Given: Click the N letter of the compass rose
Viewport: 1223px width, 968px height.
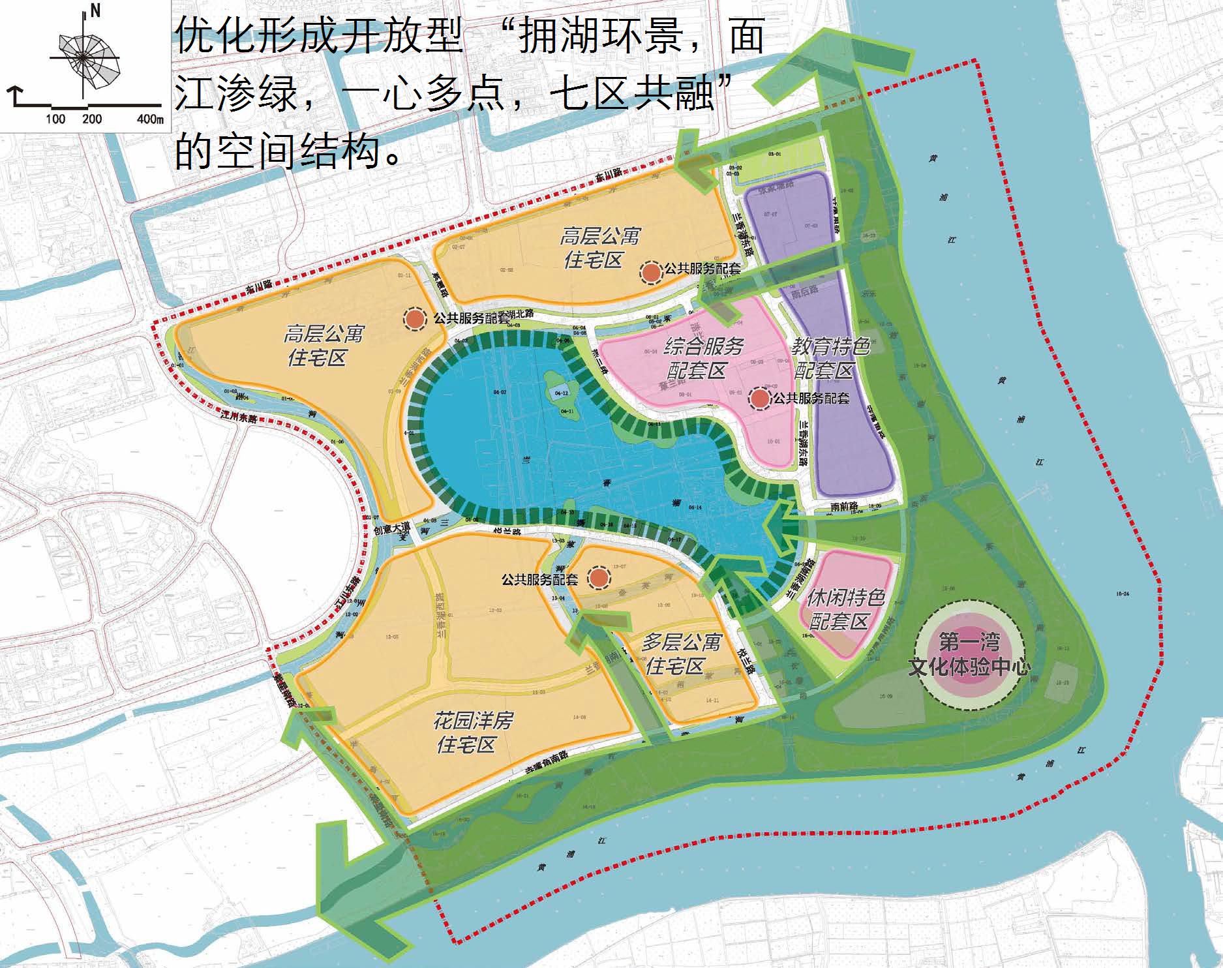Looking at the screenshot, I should [x=95, y=11].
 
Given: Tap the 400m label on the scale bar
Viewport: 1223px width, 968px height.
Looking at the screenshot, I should [x=149, y=119].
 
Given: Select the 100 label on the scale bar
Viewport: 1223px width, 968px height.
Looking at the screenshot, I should [x=55, y=119].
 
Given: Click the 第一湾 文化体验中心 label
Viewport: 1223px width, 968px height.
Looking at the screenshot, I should [x=969, y=654].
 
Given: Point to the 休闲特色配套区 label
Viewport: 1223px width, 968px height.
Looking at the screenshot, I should [x=844, y=609].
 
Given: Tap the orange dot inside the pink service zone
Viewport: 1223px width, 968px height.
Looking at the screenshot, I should [x=760, y=398].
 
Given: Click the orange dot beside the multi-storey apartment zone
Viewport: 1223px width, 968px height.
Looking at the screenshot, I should [x=599, y=577].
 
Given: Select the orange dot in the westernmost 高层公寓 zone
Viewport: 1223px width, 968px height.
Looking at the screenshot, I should [x=414, y=319].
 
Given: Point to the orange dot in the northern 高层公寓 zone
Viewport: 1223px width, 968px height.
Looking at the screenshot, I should [x=651, y=272].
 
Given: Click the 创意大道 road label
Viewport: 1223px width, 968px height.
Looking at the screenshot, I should [x=392, y=528].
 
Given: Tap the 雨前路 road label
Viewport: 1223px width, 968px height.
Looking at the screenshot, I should [x=844, y=506].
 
